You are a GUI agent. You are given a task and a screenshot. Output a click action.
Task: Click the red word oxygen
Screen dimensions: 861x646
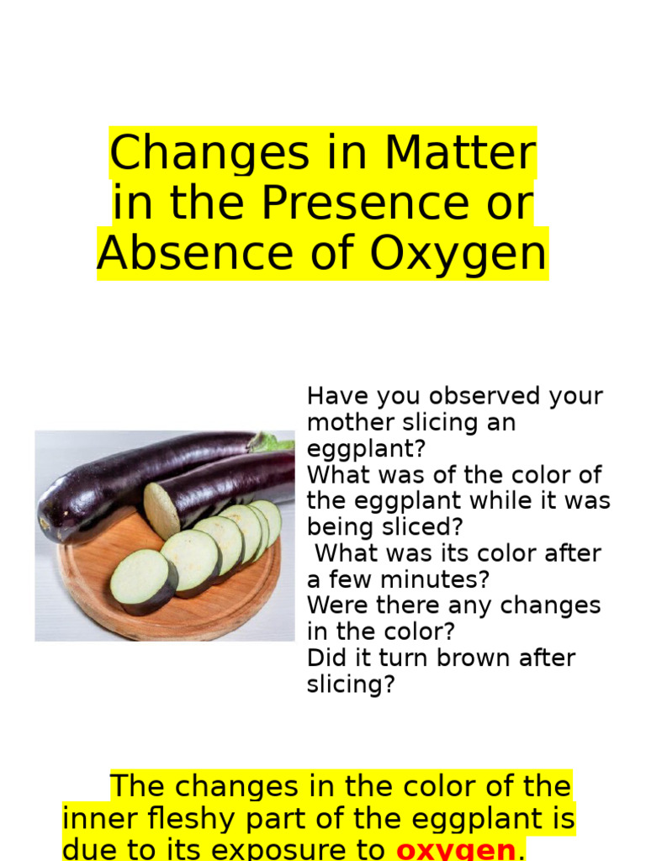(x=456, y=850)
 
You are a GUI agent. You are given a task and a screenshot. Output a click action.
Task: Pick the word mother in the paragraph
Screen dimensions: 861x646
(x=349, y=422)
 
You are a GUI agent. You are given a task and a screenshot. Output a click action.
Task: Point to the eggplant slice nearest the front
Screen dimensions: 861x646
(x=141, y=580)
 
